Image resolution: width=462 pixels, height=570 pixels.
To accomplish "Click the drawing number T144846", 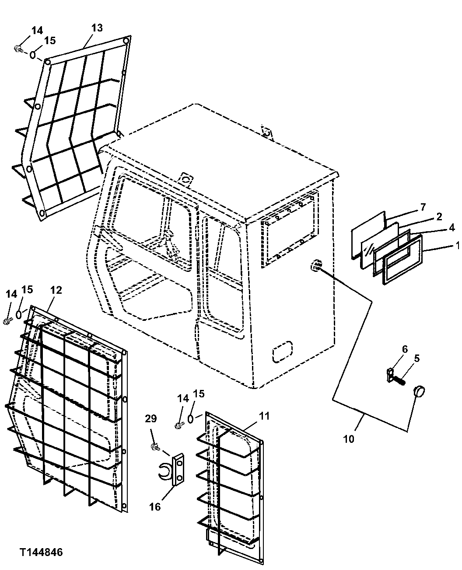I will [x=41, y=553].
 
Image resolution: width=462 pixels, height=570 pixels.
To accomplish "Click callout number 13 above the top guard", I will [x=97, y=28].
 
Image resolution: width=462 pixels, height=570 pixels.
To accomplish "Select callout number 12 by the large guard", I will [x=56, y=290].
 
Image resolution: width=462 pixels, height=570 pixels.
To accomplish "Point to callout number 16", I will [x=155, y=507].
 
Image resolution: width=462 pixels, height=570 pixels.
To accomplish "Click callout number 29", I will [x=150, y=419].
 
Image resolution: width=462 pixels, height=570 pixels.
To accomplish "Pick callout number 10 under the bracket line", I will [x=349, y=439].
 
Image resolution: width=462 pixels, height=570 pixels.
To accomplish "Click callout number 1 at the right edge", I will [x=458, y=246].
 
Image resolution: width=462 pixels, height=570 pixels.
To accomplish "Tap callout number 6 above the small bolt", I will [x=405, y=349].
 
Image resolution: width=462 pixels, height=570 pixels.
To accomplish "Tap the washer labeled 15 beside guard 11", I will [x=191, y=418].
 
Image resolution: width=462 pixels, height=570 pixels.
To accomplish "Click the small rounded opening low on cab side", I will [x=282, y=351].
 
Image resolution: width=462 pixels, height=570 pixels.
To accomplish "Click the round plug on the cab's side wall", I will [x=315, y=265].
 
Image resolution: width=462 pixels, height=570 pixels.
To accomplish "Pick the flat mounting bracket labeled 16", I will [x=178, y=469].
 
